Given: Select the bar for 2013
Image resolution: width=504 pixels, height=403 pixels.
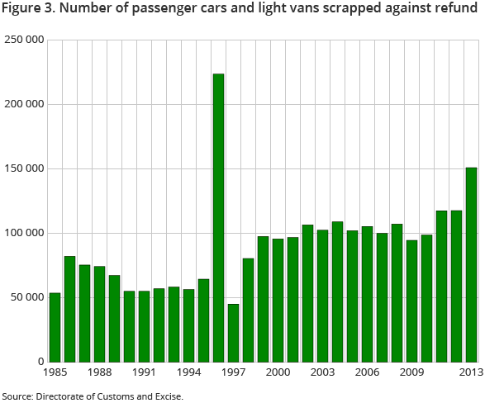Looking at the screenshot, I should click(x=471, y=264).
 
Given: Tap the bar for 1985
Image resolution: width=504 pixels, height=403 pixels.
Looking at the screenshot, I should click(x=55, y=327).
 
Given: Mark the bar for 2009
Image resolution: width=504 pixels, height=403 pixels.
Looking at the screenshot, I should click(x=411, y=301).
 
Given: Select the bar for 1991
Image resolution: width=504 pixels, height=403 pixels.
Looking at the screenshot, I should click(x=144, y=326).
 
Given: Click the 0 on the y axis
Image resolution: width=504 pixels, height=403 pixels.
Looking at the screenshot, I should click(x=40, y=362).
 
